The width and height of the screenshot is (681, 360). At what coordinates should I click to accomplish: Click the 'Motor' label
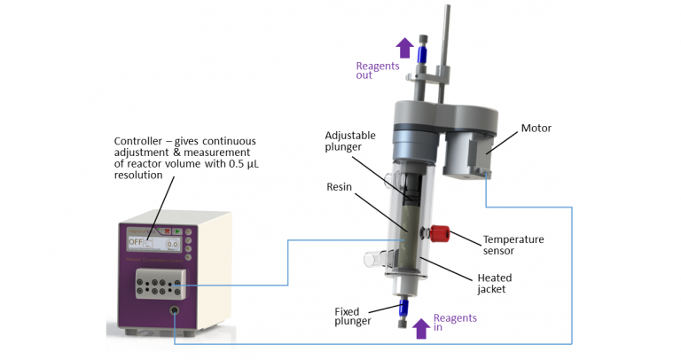(536, 128)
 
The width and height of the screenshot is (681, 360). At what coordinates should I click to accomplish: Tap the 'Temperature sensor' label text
(513, 245)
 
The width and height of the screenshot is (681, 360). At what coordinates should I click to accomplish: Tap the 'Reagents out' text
(377, 71)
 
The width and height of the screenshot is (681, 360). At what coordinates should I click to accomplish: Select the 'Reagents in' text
(454, 323)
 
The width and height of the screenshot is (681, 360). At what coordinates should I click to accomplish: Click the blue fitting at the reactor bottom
(403, 309)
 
